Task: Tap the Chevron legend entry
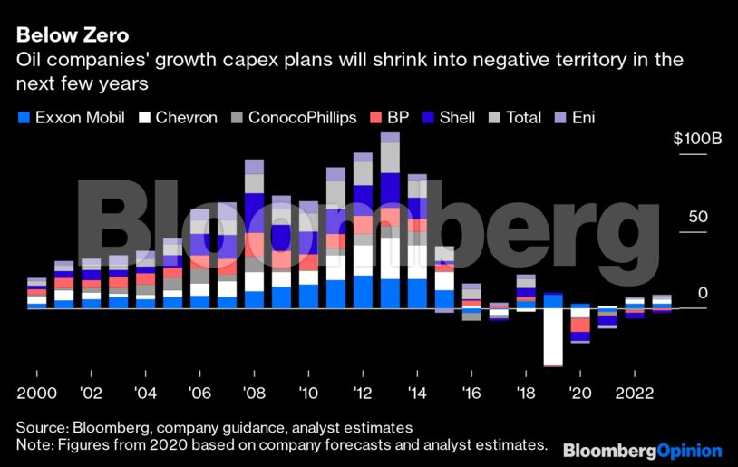179,118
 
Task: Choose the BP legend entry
390,118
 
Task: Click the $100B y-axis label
697,140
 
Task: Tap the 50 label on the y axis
697,217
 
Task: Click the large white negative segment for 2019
553,336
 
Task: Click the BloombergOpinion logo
642,450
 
